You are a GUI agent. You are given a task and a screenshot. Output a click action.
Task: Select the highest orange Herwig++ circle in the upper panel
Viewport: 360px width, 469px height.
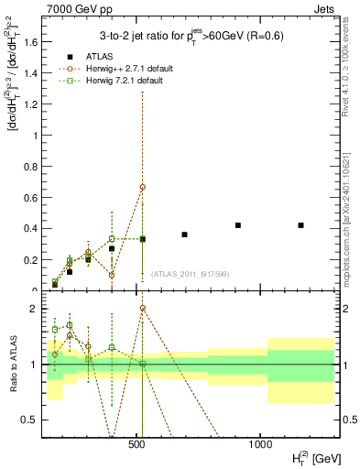[x=143, y=187]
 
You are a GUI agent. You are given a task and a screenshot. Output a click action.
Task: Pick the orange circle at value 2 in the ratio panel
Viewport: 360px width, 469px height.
[x=143, y=308]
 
